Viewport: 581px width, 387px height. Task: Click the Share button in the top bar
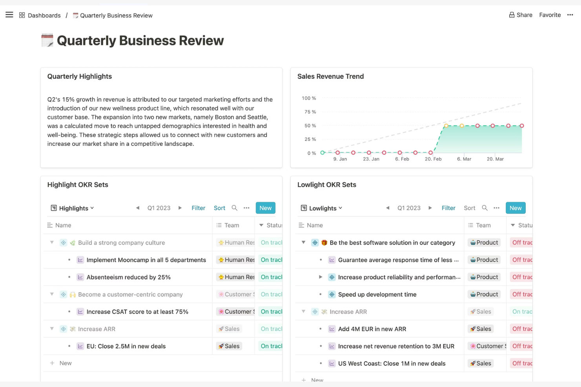coord(521,15)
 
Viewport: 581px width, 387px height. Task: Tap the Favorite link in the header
coord(550,15)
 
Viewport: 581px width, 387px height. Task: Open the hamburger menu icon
coord(9,15)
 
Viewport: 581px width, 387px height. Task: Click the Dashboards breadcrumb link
coord(44,15)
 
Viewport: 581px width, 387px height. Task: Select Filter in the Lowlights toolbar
coord(448,208)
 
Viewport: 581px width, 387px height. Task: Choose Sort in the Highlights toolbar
coord(219,208)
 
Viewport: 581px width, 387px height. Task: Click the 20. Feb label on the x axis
coord(433,159)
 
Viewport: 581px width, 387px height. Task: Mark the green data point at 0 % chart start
coord(322,153)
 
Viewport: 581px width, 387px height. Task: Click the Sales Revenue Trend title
coord(330,76)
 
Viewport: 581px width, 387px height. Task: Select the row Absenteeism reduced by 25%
coord(128,277)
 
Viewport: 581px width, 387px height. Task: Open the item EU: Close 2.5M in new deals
coord(126,346)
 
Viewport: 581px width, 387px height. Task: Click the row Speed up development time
coord(377,294)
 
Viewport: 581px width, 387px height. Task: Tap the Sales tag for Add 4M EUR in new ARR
coord(481,329)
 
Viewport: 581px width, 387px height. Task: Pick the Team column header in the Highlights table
coord(231,225)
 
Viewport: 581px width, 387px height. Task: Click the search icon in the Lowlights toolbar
coord(484,208)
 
